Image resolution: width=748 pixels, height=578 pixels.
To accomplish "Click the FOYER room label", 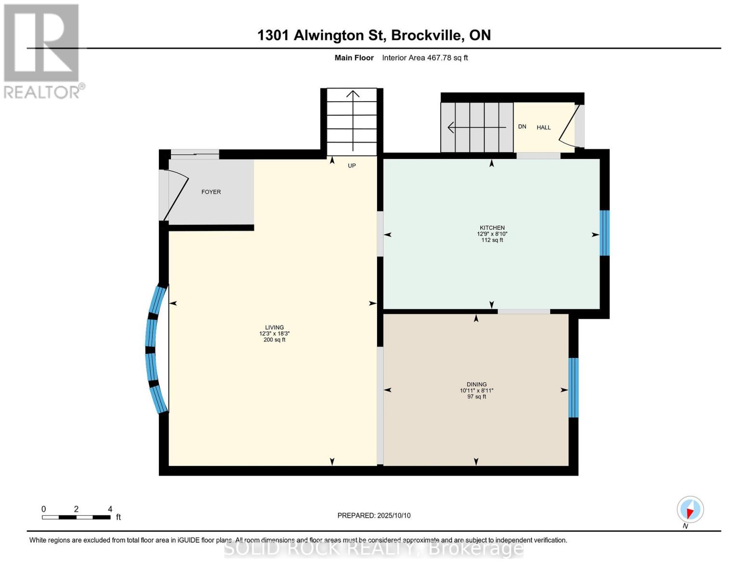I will point(211,192).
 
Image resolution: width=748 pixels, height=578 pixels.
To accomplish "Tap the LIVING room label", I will point(274,328).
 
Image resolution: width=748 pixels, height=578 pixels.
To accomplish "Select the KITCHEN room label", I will point(492,228).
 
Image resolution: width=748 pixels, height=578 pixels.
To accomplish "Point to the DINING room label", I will point(476,384).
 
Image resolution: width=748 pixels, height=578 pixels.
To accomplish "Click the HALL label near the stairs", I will point(543,128).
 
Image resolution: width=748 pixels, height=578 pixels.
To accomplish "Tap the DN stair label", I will point(522,127).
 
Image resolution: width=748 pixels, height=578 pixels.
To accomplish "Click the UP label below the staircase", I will point(352,166).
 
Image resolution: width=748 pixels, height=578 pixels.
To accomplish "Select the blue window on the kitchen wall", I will point(604,233).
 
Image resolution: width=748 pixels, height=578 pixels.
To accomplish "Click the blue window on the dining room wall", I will point(573,387).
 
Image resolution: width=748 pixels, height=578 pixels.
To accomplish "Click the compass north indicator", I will point(690,510).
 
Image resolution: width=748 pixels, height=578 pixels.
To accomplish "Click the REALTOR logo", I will point(42,51).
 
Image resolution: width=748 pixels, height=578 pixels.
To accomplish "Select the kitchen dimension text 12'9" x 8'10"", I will point(492,234).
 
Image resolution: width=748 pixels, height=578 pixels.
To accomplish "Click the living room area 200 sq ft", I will point(274,340).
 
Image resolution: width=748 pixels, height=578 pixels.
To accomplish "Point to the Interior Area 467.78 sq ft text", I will point(425,58).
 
